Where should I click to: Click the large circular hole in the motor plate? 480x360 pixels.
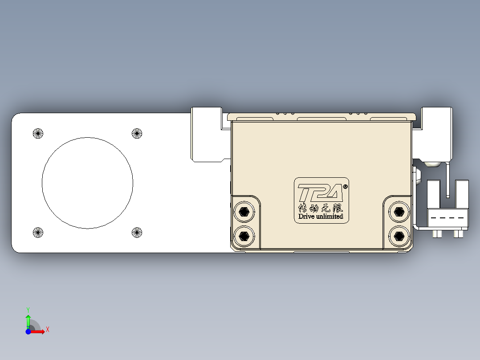(87, 183)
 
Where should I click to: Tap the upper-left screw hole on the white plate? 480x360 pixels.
(38, 133)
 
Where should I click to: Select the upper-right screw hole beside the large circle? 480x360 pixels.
(137, 133)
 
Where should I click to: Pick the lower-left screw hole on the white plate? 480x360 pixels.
(38, 232)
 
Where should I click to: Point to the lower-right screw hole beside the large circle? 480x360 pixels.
(137, 232)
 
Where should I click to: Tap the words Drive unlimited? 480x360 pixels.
(321, 217)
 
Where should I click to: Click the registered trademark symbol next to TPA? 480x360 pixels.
(346, 187)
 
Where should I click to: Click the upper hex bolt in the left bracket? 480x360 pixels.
(244, 212)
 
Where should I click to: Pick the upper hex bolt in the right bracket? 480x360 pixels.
(399, 212)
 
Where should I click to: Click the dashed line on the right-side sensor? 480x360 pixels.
(448, 218)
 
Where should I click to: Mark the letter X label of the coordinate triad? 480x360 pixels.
(47, 330)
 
